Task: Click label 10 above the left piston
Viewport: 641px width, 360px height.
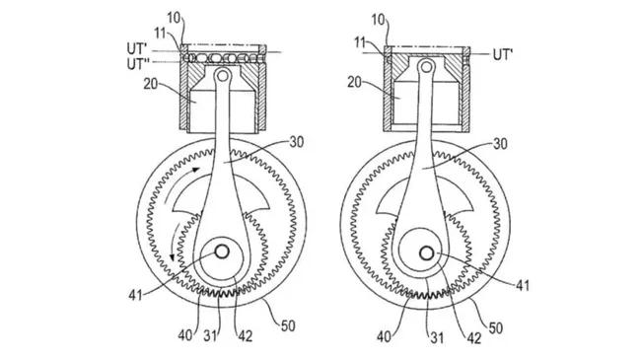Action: click(175, 19)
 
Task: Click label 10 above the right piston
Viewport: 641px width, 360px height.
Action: click(379, 19)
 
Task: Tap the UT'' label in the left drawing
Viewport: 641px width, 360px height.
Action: click(137, 64)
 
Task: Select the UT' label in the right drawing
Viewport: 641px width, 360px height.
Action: click(503, 54)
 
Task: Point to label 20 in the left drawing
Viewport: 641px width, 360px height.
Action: click(151, 84)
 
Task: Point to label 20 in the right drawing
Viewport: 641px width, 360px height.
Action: click(354, 82)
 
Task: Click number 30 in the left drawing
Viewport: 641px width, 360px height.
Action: click(297, 142)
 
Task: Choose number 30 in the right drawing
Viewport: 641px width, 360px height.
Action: click(500, 144)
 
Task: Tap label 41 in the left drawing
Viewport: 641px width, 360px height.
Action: click(135, 295)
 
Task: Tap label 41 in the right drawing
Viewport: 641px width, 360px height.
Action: click(523, 286)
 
